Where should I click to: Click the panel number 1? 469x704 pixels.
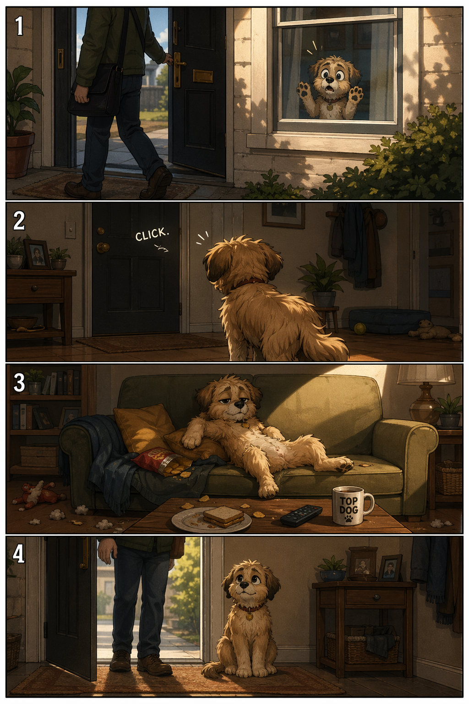click(19, 27)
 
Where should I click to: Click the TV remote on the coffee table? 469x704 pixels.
click(301, 515)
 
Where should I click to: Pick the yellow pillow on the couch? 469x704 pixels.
click(144, 429)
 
